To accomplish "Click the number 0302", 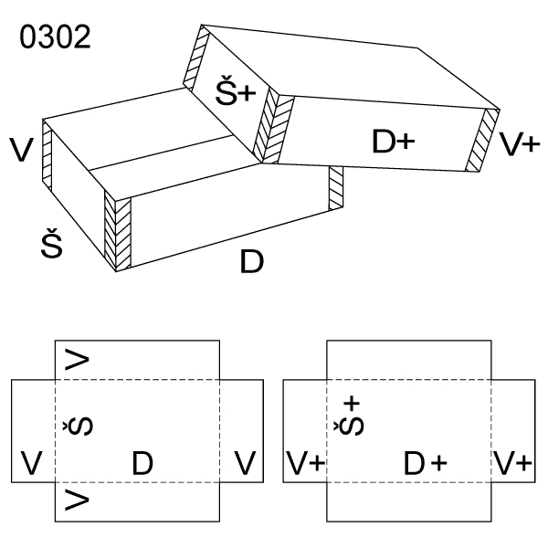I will [55, 37].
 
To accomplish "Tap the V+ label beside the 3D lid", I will [521, 142].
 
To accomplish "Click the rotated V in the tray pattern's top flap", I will [79, 360].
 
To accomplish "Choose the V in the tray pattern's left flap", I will [32, 464].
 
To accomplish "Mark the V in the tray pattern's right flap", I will [243, 464].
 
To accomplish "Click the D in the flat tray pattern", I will [142, 464].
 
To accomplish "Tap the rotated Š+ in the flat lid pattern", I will [352, 416].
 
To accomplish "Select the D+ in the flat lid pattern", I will [425, 464].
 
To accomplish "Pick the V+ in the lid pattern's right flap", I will [513, 464].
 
